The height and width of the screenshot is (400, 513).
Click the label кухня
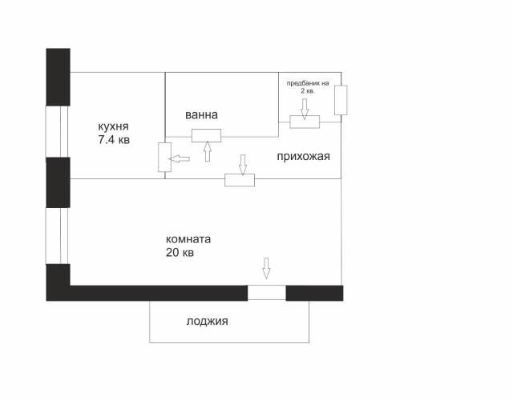click(x=113, y=126)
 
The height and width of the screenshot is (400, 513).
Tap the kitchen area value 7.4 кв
click(x=114, y=140)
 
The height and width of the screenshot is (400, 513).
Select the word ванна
click(x=201, y=115)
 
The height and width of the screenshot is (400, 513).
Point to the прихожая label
click(x=303, y=157)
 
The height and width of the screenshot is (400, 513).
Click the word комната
click(x=188, y=239)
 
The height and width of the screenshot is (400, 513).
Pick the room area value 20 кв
click(x=180, y=253)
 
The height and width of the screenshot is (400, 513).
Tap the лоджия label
click(x=207, y=322)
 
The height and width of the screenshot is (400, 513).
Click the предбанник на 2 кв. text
click(x=308, y=87)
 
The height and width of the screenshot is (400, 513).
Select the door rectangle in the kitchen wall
click(x=164, y=157)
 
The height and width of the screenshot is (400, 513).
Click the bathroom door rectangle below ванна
click(x=207, y=135)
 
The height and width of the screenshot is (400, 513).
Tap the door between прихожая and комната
click(x=240, y=180)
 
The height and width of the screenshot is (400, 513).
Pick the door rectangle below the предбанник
click(x=305, y=122)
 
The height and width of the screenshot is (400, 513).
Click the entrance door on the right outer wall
click(x=341, y=100)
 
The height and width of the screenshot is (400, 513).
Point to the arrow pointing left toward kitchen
click(x=179, y=159)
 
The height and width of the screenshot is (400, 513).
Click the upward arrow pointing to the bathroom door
click(x=207, y=151)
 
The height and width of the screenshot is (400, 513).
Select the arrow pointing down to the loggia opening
click(x=266, y=269)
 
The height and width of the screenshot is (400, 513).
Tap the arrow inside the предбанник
click(x=305, y=109)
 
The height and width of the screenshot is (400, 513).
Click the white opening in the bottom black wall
click(x=267, y=293)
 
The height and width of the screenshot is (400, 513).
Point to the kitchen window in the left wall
click(x=57, y=131)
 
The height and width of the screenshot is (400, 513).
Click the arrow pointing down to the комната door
click(x=242, y=165)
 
